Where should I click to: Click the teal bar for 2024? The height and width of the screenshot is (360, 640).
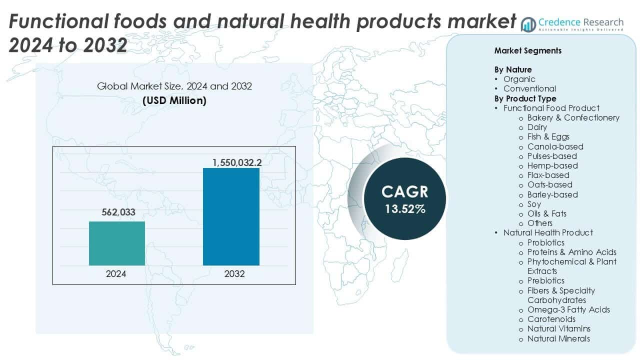[x=117, y=243]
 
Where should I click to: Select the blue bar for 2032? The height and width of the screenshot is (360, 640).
[x=231, y=216]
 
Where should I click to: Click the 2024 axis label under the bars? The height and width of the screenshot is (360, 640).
[x=116, y=274]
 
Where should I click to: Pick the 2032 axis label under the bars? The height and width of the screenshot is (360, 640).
[x=231, y=274]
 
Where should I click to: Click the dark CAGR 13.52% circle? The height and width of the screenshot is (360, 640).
[x=404, y=198]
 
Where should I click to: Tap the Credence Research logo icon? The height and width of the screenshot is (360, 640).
[x=528, y=23]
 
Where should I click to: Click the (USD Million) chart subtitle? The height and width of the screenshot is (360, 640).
[x=174, y=100]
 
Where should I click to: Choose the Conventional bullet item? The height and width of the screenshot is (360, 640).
[x=529, y=88]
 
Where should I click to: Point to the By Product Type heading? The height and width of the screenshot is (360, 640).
[x=525, y=98]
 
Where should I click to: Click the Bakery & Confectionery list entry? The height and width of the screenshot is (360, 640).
[x=573, y=117]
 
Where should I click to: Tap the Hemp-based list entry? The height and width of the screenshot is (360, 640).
[x=552, y=165]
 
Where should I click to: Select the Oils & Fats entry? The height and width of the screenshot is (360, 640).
[x=546, y=213]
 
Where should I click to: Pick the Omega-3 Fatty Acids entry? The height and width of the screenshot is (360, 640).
[x=568, y=309]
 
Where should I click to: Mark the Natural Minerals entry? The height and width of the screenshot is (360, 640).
[x=558, y=338]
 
